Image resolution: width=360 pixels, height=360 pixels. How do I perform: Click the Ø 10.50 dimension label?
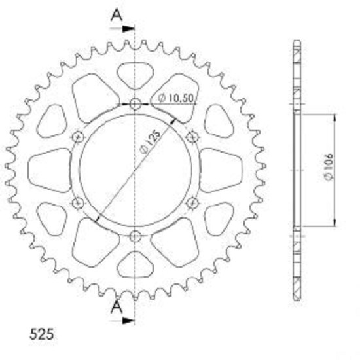pyautogui.click(x=176, y=98)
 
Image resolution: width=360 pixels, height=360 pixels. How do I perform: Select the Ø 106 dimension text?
pyautogui.click(x=329, y=167)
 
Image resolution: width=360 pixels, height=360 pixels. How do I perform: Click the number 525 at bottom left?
pyautogui.click(x=41, y=334)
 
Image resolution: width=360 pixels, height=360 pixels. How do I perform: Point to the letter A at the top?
pyautogui.click(x=117, y=15)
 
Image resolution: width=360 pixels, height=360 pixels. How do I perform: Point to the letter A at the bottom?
pyautogui.click(x=117, y=307)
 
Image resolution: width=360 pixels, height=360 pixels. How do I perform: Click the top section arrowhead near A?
pyautogui.click(x=128, y=29)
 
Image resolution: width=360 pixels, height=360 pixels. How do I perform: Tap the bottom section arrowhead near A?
pyautogui.click(x=128, y=321)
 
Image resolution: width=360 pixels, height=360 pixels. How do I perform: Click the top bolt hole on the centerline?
pyautogui.click(x=135, y=104)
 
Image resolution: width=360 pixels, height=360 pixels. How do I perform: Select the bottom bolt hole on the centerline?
pyautogui.click(x=135, y=236)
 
